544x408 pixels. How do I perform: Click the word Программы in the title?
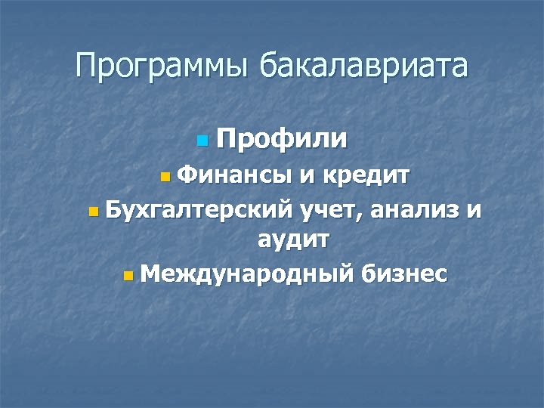click(x=162, y=66)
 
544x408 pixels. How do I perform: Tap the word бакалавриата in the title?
click(x=363, y=66)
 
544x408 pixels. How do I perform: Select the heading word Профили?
click(x=282, y=139)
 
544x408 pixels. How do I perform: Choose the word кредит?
click(x=366, y=176)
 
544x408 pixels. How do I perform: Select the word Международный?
click(x=246, y=273)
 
